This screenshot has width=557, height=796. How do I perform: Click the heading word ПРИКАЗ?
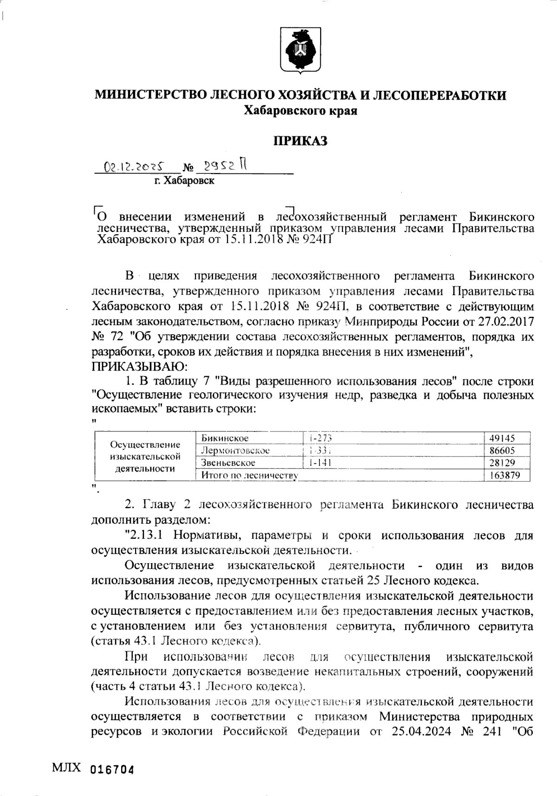(300, 141)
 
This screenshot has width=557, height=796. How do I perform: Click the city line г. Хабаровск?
(184, 181)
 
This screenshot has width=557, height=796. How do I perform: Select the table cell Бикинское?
(225, 438)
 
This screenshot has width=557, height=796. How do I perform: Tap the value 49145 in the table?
(502, 438)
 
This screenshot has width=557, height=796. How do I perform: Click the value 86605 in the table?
(502, 450)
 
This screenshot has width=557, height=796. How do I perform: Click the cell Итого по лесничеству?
(249, 475)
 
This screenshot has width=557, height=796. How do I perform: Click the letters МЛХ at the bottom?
(66, 769)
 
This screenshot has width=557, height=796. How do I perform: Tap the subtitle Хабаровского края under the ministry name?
(300, 111)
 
